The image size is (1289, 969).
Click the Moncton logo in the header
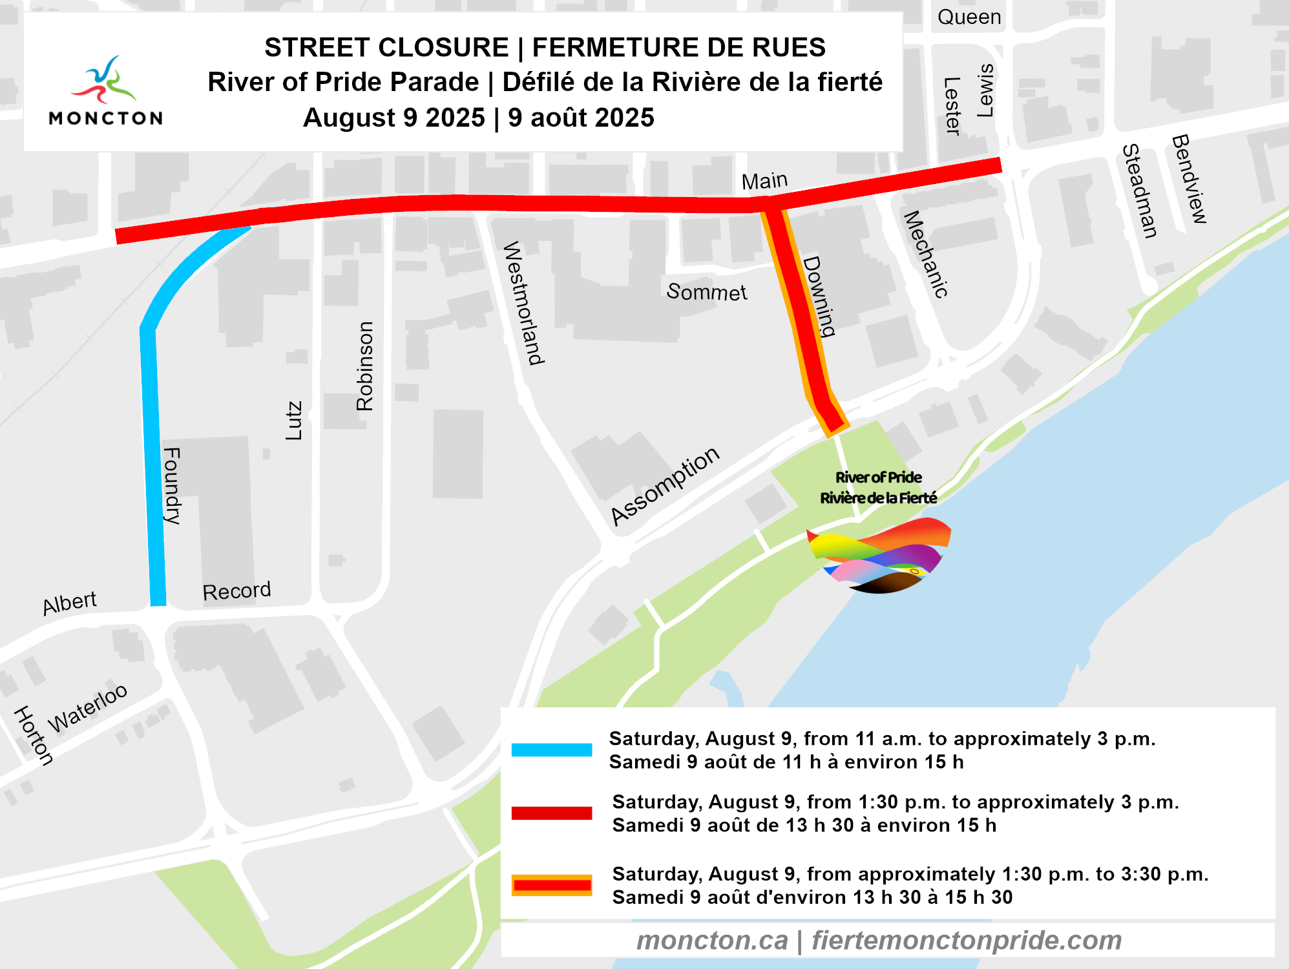tap(106, 90)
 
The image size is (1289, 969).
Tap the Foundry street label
tap(172, 485)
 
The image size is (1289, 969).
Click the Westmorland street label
tap(523, 303)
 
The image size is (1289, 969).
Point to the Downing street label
tap(819, 297)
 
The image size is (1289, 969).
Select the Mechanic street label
tap(926, 255)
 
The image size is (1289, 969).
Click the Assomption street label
tap(665, 485)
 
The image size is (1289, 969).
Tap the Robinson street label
tap(365, 366)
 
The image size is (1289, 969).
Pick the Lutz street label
tap(294, 421)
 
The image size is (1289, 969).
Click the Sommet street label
tap(706, 292)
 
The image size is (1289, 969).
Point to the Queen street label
tap(969, 17)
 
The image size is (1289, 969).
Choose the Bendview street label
tap(1189, 179)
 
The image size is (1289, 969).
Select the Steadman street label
tap(1139, 191)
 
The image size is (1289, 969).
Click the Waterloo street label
tap(88, 708)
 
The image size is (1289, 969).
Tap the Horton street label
tap(34, 735)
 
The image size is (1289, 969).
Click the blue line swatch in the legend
tap(551, 749)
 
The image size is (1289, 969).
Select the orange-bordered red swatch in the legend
tap(551, 885)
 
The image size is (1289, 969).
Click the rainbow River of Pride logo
tap(879, 556)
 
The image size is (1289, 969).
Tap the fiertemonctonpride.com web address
tap(967, 941)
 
